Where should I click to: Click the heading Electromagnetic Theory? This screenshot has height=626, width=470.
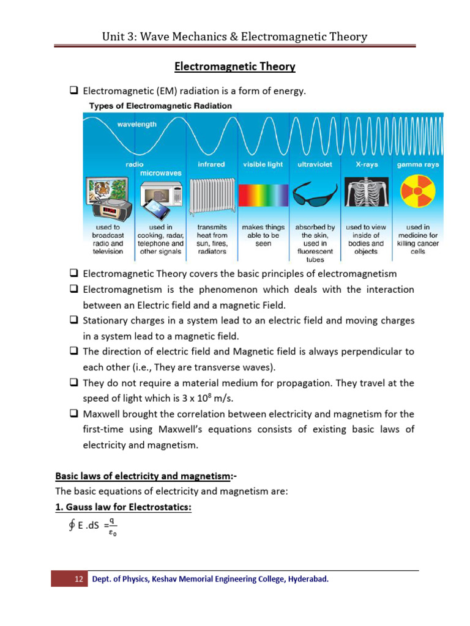235,66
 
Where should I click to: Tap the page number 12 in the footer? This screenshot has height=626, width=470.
78,579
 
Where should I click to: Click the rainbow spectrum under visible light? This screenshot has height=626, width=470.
263,197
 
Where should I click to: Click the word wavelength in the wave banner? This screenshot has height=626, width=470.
136,124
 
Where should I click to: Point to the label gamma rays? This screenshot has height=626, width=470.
417,164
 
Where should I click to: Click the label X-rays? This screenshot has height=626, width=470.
366,164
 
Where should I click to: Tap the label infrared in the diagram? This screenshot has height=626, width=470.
211,164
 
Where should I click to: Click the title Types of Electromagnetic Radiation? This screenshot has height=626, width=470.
160,106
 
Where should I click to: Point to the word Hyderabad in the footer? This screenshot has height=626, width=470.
308,579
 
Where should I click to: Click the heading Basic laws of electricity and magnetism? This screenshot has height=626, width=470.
138,475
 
